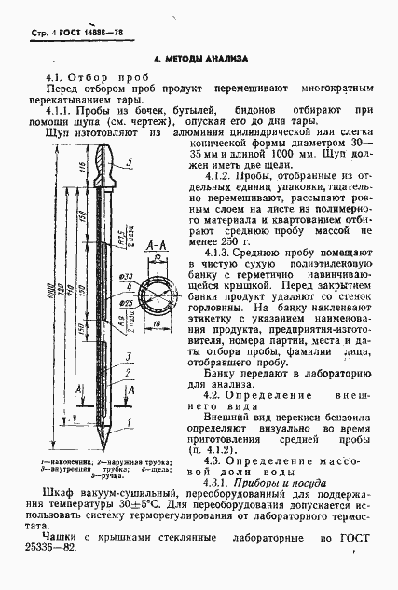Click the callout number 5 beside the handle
point(143,162)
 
